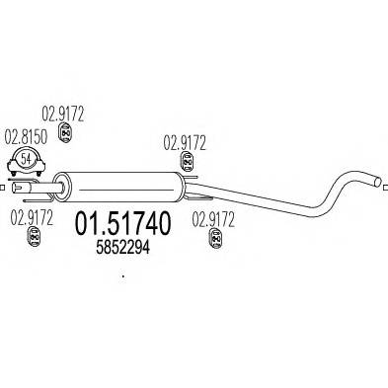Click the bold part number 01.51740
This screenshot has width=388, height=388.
(122, 226)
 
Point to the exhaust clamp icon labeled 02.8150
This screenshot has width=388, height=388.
(26, 162)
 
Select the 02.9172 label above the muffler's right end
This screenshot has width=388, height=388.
(184, 142)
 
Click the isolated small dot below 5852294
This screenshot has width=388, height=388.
(122, 277)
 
